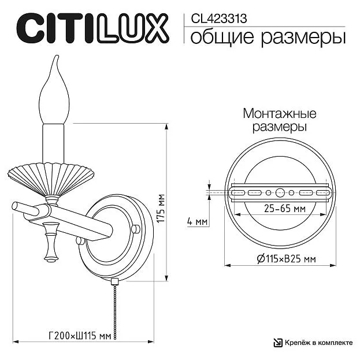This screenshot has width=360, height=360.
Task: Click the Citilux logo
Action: (93, 28)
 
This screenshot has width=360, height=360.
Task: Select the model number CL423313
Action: (219, 18)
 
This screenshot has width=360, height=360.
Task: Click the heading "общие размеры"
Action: (268, 38)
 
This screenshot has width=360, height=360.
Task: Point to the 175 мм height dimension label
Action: (161, 208)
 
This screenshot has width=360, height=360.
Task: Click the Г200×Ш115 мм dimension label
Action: (80, 336)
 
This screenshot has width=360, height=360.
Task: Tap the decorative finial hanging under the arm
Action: (51, 242)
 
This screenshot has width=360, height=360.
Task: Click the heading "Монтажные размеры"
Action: (280, 120)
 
